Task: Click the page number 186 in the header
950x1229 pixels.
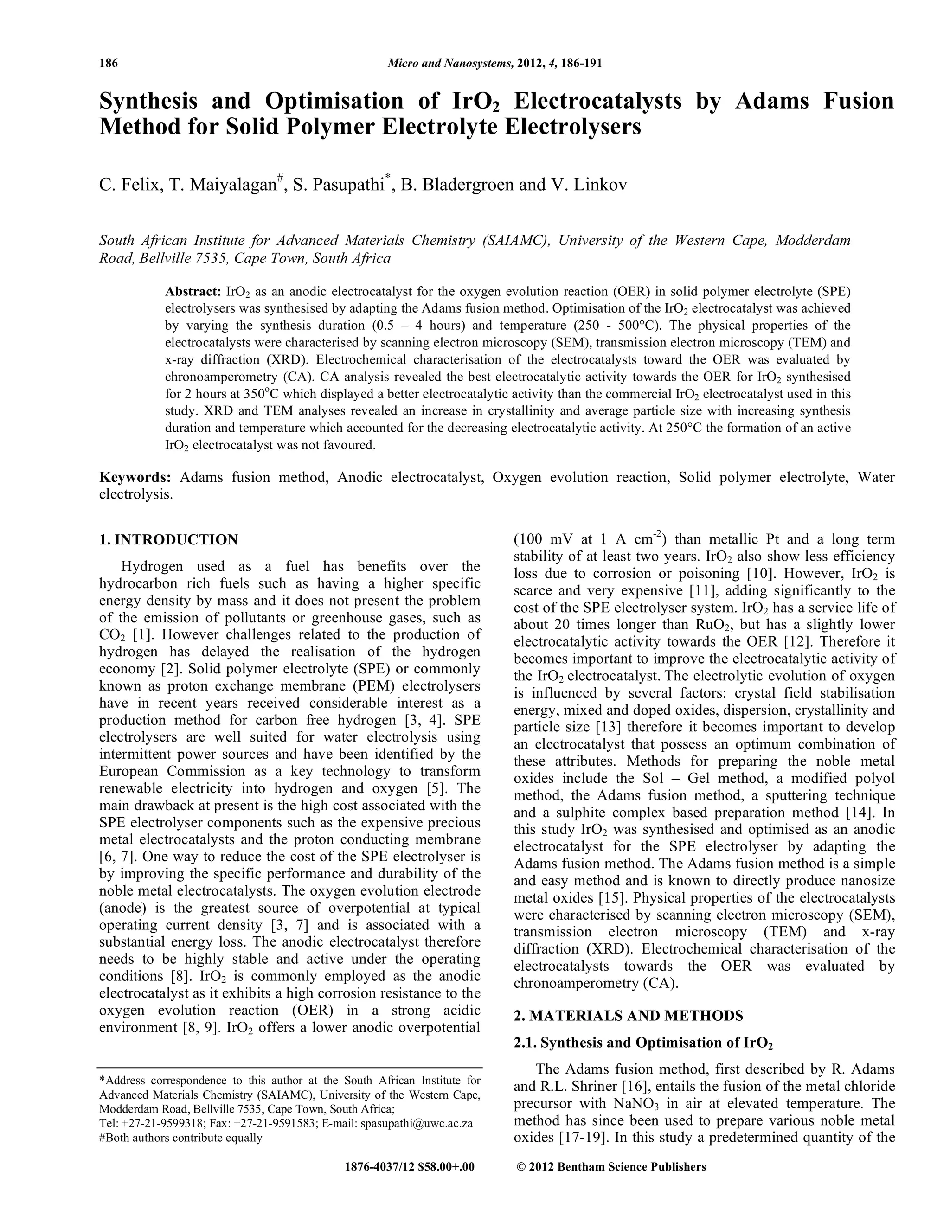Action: coord(109,63)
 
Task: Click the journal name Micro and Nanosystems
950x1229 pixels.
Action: coord(449,63)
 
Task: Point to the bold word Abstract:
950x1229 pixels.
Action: coord(193,292)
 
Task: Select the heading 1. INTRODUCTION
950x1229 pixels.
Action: coord(168,540)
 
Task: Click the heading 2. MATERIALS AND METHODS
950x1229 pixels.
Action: coord(628,1016)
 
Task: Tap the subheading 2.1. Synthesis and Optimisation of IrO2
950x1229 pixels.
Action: coord(643,1043)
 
